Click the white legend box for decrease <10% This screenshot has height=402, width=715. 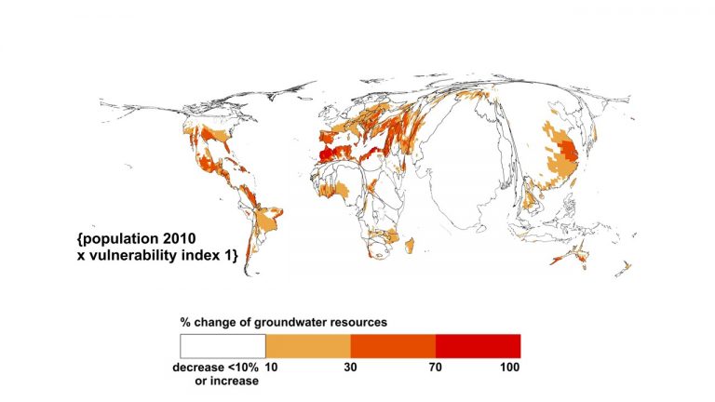[x=223, y=346]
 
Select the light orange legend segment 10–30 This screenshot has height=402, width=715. [x=307, y=346]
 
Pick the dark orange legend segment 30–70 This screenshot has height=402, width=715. [x=392, y=346]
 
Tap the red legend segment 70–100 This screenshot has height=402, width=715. [x=477, y=346]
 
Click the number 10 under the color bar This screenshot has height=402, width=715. [x=272, y=368]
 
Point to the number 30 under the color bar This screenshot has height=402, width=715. [x=350, y=368]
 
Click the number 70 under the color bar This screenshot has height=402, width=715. [x=435, y=368]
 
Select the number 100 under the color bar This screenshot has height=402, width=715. [x=508, y=368]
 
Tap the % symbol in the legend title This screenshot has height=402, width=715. [x=185, y=322]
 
